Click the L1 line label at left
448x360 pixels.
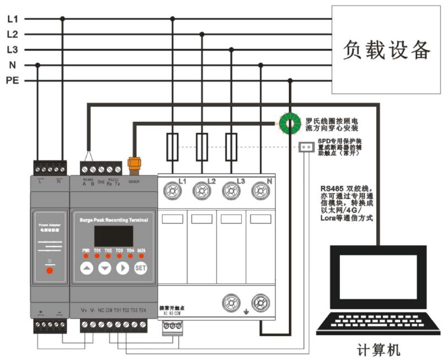point(12,19)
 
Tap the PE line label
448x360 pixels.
point(12,80)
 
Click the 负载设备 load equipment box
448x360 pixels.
point(386,50)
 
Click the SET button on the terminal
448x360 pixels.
point(140,268)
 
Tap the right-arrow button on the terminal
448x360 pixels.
point(122,268)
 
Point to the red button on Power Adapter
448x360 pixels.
point(49,270)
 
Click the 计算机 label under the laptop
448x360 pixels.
point(378,350)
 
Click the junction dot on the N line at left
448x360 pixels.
point(37,65)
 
